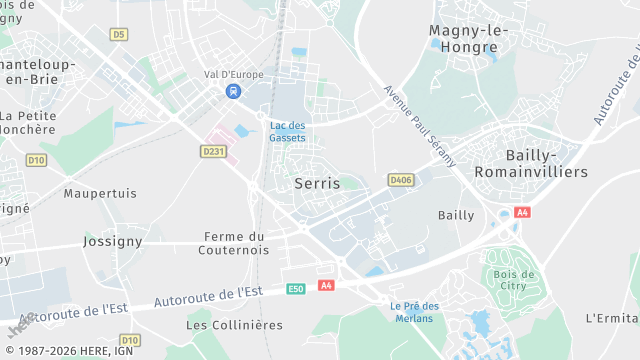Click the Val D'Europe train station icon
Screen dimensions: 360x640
coord(233,91)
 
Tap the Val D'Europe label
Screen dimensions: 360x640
coord(232,73)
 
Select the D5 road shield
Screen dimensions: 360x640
coord(119,35)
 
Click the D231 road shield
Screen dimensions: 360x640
coord(212,152)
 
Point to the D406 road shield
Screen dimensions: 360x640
coord(401,180)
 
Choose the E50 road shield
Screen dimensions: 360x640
coord(295,288)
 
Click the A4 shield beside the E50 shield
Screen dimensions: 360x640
coord(325,286)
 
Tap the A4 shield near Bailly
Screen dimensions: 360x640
coord(521,213)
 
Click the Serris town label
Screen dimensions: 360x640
coord(317,184)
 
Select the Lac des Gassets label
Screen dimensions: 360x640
coord(288,131)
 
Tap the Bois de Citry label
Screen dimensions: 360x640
coord(515,281)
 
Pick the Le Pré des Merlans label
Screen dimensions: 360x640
coord(412,311)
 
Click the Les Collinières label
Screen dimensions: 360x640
coord(234,325)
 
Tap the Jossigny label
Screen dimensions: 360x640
coord(112,241)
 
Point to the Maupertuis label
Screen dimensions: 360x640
coord(100,193)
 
